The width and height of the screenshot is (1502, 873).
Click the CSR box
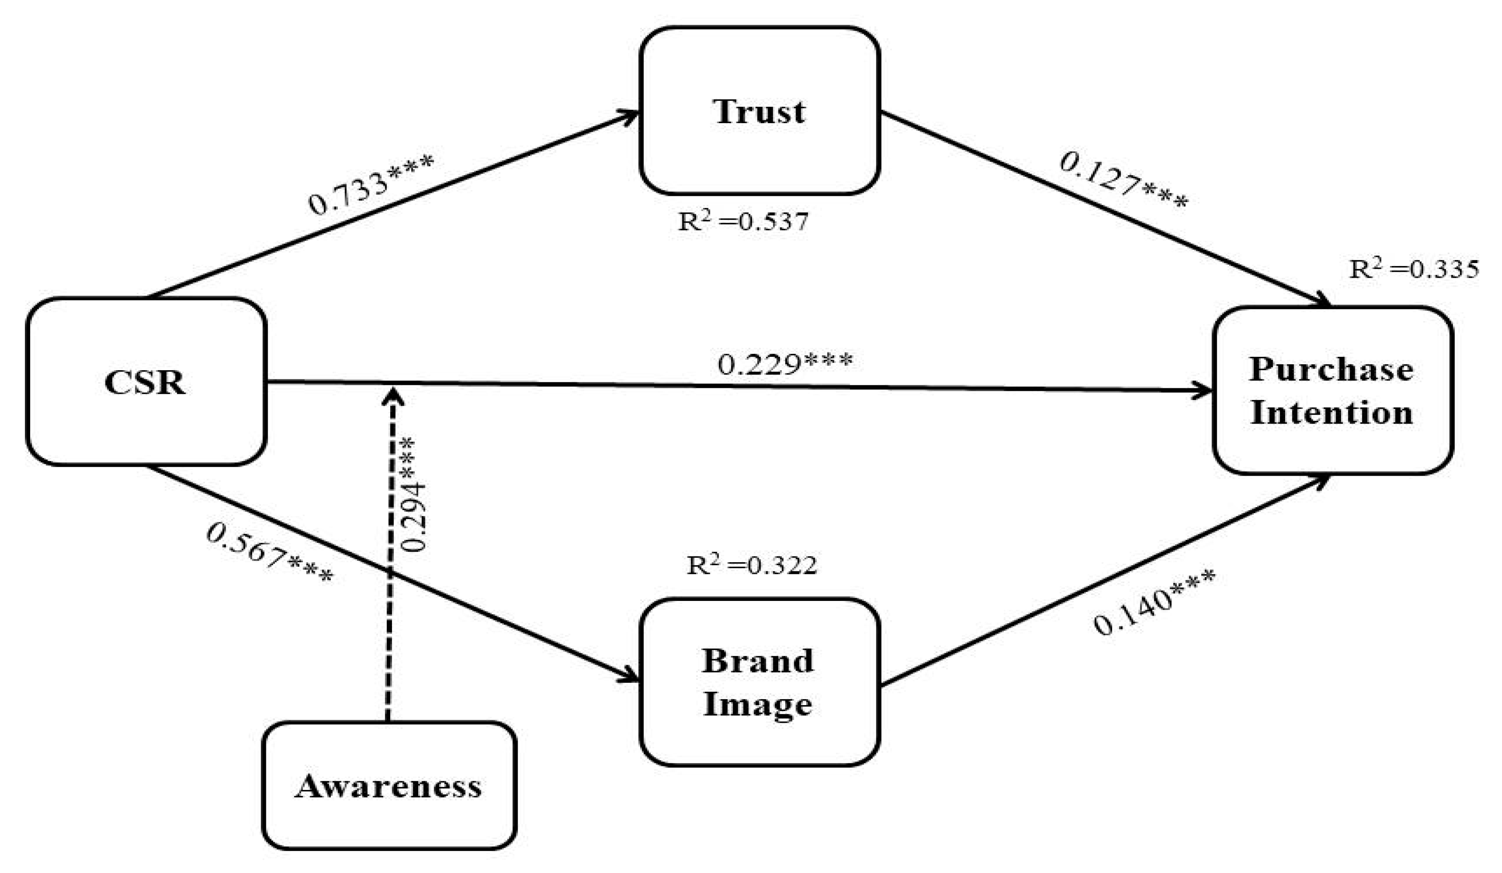pyautogui.click(x=146, y=382)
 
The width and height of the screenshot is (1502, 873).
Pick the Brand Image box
pyautogui.click(x=759, y=683)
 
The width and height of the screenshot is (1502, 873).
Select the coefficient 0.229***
pyautogui.click(x=785, y=363)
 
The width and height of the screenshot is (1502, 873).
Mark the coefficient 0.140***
pyautogui.click(x=1153, y=603)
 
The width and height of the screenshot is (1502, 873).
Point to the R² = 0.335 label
pyautogui.click(x=1414, y=269)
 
